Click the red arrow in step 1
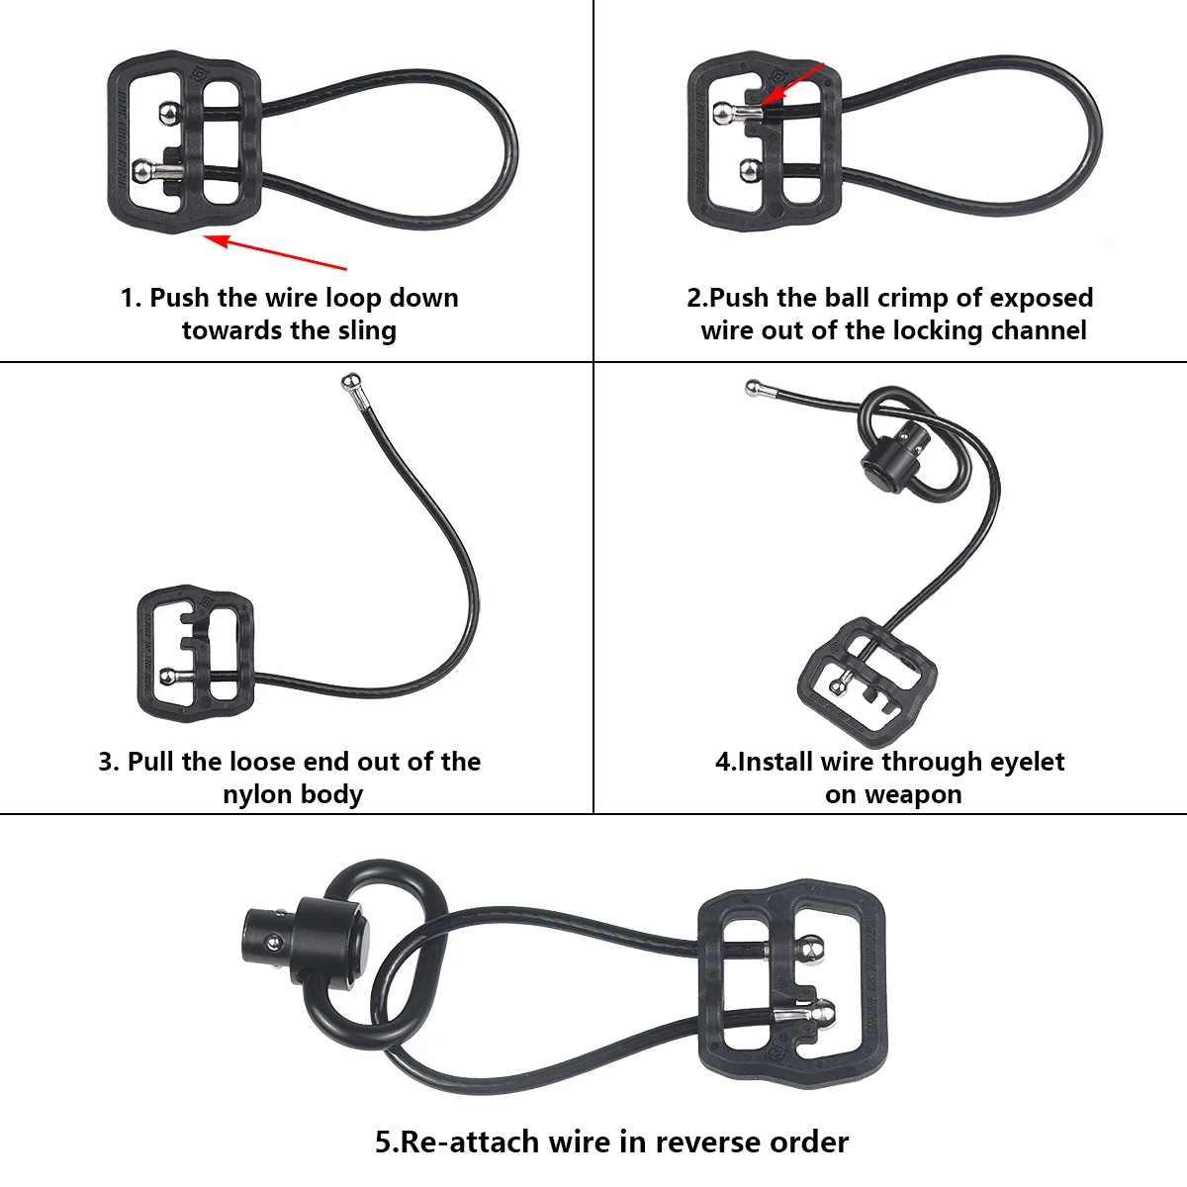point(277,252)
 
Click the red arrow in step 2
point(796,81)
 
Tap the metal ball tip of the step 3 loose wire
point(349,381)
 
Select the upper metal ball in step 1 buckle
point(170,115)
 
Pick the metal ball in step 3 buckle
point(169,678)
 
